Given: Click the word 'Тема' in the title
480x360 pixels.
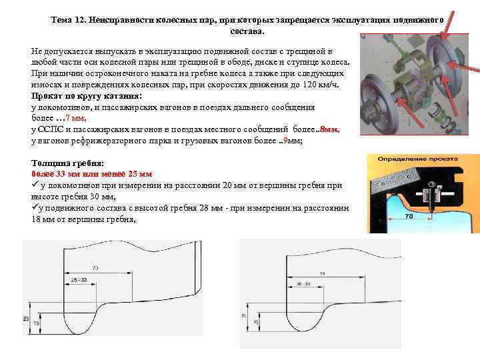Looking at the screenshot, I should tap(62, 21).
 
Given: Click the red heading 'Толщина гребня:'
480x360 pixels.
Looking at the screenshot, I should tap(68, 163).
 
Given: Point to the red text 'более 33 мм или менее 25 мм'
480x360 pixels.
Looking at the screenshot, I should tap(92, 174).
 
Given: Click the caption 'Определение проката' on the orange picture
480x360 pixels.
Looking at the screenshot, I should tap(417, 159).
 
